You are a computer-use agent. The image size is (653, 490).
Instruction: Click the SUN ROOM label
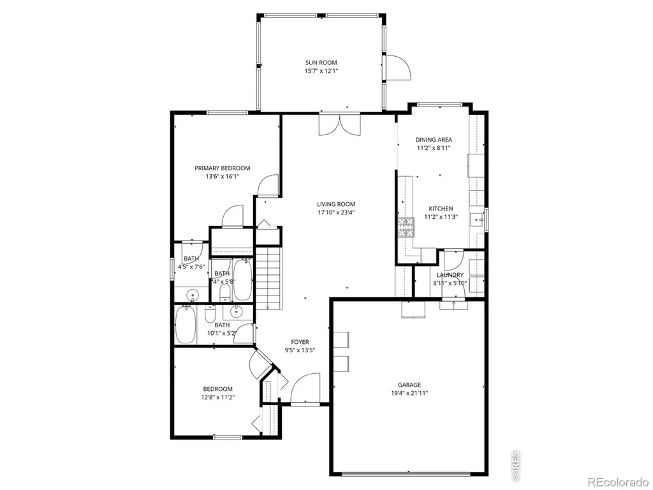[321, 63]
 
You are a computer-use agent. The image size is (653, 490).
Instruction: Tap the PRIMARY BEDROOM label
[223, 168]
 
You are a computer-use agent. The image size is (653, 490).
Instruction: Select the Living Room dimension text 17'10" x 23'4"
[336, 212]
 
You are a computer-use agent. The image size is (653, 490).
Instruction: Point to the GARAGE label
[409, 385]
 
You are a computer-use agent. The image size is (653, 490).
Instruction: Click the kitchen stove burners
[406, 227]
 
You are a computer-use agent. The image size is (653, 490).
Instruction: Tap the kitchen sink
[477, 219]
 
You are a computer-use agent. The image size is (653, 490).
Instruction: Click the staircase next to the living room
[268, 278]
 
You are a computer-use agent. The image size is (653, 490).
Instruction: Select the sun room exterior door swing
[399, 66]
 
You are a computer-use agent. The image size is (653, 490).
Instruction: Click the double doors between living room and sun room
[339, 124]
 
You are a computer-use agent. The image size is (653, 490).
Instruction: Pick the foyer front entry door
[305, 389]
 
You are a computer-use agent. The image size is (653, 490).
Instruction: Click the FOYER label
[300, 342]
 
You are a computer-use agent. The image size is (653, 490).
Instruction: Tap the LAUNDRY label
[450, 275]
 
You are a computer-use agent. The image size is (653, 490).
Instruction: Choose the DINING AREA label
[434, 140]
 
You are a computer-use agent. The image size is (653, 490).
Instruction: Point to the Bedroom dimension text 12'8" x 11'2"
[218, 397]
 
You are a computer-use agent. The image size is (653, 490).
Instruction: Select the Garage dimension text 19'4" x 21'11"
[409, 393]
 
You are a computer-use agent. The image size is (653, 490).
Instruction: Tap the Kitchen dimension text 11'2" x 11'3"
[441, 217]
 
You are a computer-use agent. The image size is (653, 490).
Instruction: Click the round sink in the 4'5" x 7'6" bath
[193, 294]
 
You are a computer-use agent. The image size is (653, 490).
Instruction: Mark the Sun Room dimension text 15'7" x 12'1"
[321, 71]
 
